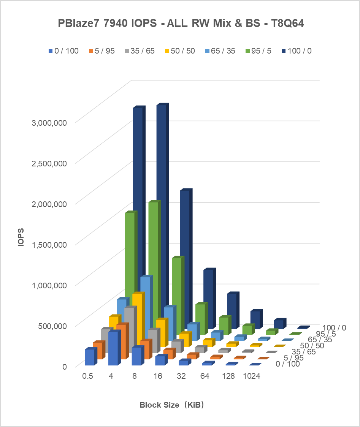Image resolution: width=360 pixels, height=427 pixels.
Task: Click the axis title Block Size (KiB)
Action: tap(172, 405)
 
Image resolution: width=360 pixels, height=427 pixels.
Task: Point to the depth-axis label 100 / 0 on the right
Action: tap(334, 328)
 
